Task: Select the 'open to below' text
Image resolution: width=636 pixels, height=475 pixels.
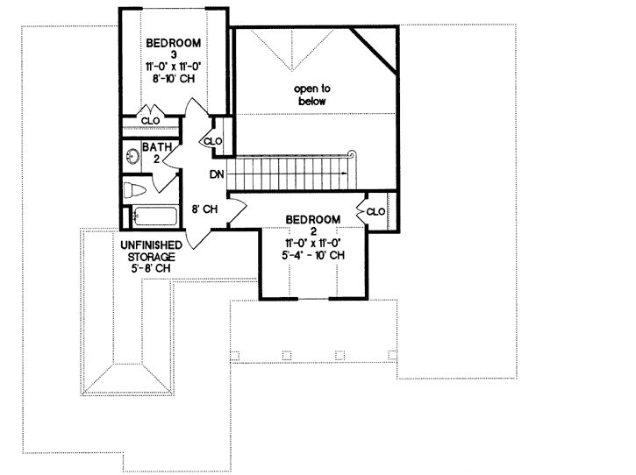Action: tap(310, 95)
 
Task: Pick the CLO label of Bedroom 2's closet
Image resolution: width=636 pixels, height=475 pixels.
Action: tap(375, 211)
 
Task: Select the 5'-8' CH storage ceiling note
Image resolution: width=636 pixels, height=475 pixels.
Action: tap(151, 269)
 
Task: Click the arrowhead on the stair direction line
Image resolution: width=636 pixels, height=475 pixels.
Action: tap(347, 174)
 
